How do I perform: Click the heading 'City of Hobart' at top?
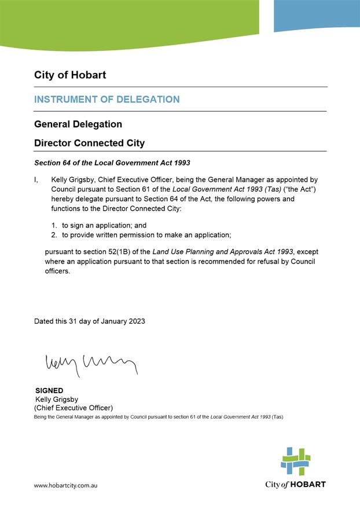click(70, 75)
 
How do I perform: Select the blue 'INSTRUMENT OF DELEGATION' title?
click(107, 100)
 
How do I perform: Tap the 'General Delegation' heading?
click(78, 124)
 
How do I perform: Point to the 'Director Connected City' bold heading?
click(89, 143)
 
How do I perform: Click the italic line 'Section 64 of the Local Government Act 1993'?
click(112, 163)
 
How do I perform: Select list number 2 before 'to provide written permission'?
click(53, 235)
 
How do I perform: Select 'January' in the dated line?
click(111, 321)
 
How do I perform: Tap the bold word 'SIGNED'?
click(49, 390)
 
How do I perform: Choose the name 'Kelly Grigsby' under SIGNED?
click(58, 399)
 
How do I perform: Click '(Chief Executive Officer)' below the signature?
click(74, 408)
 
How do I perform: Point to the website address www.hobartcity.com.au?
click(65, 485)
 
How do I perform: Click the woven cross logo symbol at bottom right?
click(296, 460)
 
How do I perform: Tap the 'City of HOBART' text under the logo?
click(295, 484)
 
